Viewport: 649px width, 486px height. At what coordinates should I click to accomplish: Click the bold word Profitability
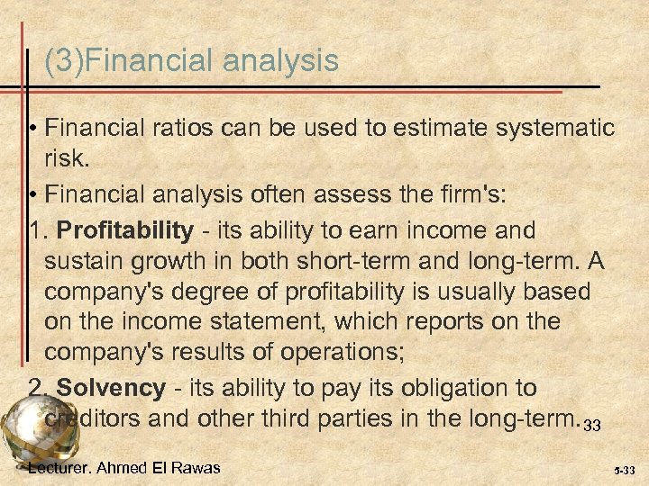point(124,231)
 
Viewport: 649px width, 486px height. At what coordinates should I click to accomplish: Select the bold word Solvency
point(110,389)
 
